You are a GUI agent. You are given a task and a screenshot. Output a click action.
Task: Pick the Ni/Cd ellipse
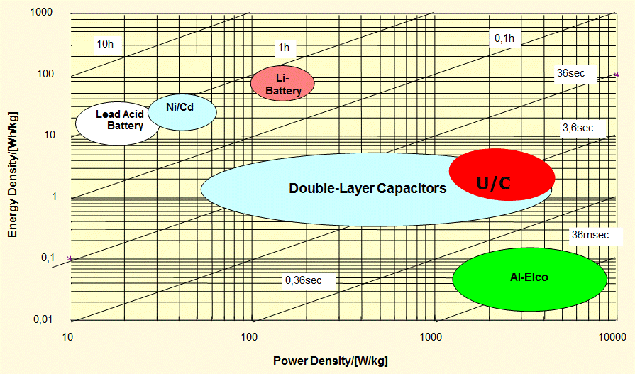182,112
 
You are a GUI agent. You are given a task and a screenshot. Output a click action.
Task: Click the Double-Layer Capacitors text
368,188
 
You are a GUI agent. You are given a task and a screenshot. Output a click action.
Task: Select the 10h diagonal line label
105,44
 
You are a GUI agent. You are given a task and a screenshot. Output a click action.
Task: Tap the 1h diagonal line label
284,48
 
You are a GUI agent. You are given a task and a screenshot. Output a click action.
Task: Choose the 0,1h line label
504,38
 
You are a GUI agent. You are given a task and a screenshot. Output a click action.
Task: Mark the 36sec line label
570,73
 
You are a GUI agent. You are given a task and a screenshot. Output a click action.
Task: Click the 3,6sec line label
577,128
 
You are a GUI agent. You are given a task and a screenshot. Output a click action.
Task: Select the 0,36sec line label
304,280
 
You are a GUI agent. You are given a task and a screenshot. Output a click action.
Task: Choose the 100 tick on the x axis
250,335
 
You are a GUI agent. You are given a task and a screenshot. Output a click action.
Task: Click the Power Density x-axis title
331,361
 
